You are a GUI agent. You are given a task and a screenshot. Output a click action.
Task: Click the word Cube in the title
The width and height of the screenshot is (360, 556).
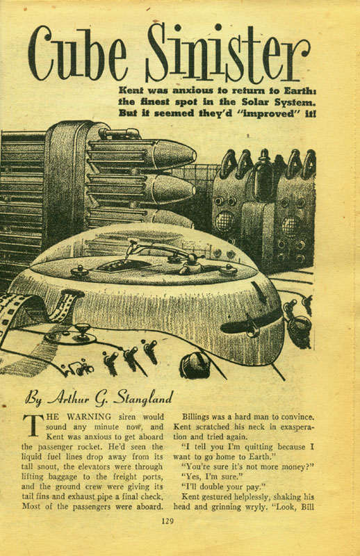tap(78, 54)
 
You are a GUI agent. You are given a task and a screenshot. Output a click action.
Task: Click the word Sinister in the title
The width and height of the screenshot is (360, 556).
tap(228, 53)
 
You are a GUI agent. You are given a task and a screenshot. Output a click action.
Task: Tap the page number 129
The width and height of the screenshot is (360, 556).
tap(167, 521)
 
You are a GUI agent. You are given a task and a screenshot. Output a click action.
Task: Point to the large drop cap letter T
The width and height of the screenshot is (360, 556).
tap(33, 425)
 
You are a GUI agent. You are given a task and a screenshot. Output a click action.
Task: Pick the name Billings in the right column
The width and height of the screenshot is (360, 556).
tap(195, 417)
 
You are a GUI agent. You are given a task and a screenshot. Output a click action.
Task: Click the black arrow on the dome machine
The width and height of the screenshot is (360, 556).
tap(260, 292)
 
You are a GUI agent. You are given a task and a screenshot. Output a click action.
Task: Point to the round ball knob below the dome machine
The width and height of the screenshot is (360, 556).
tap(195, 366)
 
